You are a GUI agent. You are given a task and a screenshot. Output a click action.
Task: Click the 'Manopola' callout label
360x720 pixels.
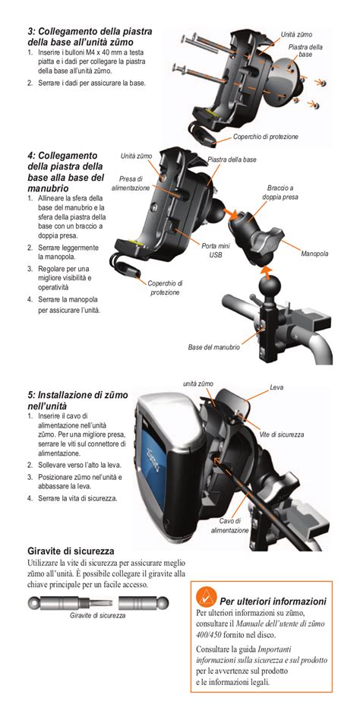pos(314,253)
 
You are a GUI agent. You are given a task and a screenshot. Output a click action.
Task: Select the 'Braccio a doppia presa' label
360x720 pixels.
pos(280,192)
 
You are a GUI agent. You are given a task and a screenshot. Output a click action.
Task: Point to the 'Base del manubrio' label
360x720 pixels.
pos(214,347)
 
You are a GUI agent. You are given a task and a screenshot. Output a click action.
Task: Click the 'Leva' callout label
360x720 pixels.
pos(276,387)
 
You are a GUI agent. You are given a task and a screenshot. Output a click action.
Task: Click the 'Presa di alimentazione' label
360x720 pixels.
pos(131,184)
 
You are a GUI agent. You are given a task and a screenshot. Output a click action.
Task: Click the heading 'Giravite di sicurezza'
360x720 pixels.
pos(71,551)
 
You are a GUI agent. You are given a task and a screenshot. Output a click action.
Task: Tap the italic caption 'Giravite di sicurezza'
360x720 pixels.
pos(97,615)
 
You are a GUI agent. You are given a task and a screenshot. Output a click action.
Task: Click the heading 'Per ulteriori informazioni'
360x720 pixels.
pos(273,601)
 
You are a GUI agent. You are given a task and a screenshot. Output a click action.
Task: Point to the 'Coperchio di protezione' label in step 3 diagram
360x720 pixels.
pos(265,137)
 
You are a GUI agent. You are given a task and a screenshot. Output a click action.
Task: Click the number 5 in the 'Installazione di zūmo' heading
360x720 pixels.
pos(31,395)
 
